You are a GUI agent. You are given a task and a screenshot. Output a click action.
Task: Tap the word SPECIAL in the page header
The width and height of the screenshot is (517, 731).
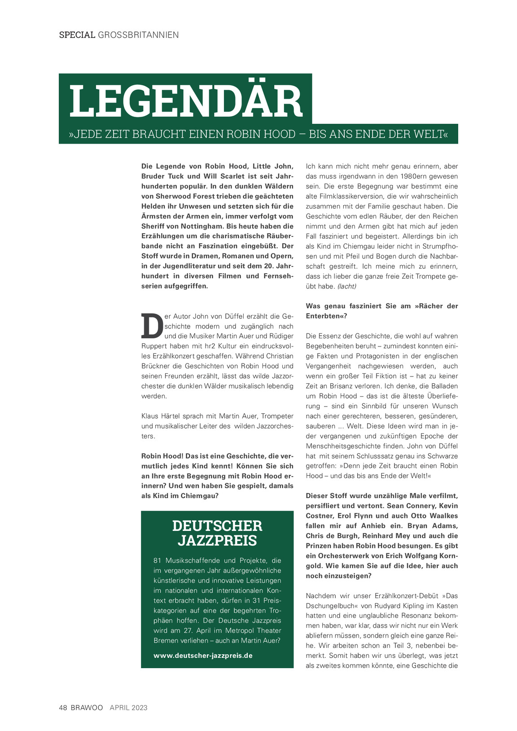(77, 35)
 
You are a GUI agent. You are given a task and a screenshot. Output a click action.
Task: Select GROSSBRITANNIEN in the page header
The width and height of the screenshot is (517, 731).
(138, 35)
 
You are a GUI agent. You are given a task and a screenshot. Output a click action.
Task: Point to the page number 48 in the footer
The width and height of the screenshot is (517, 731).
(63, 708)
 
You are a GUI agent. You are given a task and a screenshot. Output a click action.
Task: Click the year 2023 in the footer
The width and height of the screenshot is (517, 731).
(140, 708)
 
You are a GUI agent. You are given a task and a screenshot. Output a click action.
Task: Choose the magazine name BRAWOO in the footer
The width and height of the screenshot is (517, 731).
(87, 708)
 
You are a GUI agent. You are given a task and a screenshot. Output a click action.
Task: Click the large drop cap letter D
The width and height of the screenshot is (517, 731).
(152, 326)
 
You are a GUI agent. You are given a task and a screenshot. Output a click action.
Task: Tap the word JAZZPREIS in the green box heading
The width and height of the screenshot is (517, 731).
(217, 541)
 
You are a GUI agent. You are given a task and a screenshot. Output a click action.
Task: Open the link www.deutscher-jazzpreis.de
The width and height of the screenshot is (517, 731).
(203, 656)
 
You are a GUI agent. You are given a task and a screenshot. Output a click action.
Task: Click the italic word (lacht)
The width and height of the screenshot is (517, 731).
(347, 286)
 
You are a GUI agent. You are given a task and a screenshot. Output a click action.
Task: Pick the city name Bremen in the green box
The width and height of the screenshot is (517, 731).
(166, 641)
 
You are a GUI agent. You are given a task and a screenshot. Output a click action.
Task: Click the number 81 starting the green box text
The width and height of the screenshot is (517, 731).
(158, 560)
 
